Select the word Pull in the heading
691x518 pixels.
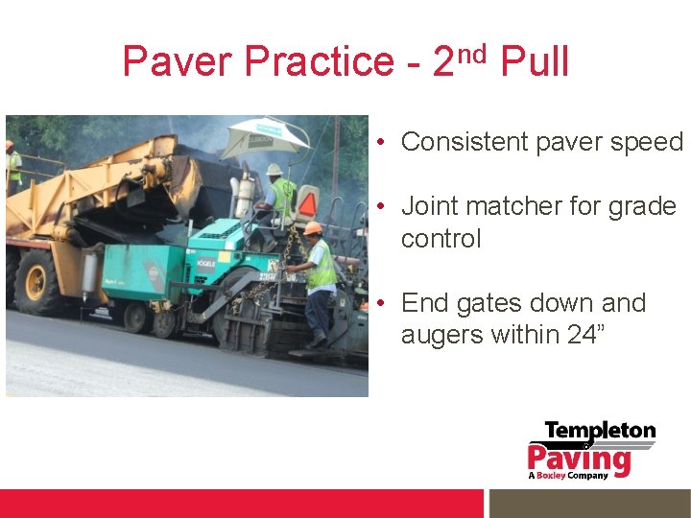click(536, 62)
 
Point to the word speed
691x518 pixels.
click(645, 142)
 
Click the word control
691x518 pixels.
click(441, 238)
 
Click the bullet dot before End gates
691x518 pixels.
click(381, 303)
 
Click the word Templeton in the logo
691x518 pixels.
click(600, 432)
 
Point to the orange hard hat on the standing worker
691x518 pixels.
click(313, 228)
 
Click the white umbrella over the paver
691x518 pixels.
click(265, 137)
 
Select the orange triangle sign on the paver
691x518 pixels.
click(308, 202)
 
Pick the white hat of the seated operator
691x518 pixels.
click(274, 170)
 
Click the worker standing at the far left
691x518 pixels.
click(13, 167)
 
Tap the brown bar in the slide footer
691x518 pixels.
click(589, 504)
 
